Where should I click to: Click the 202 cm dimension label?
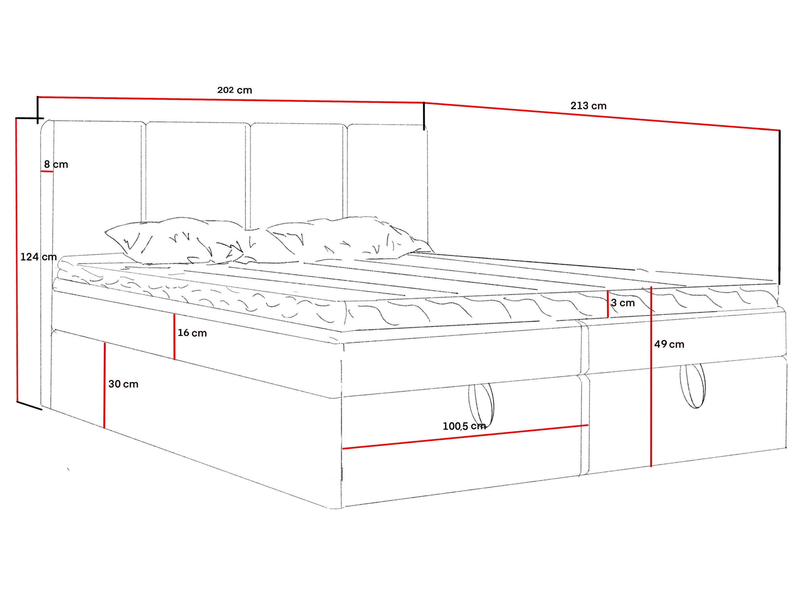tap(234, 90)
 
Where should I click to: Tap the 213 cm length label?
tap(588, 106)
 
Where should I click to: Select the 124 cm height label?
tap(39, 257)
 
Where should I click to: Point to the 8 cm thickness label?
tap(56, 164)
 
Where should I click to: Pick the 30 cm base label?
tap(123, 384)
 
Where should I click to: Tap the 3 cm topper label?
tap(623, 303)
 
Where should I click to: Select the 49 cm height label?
tap(669, 344)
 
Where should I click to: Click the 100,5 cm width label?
tap(464, 426)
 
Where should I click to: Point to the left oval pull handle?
tap(481, 406)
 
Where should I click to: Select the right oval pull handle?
tap(692, 386)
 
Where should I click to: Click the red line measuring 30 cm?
tap(105, 385)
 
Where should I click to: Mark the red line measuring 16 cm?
tap(174, 337)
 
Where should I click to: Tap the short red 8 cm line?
tap(47, 171)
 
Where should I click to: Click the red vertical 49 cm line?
tap(651, 377)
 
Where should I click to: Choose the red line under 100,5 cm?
tap(465, 437)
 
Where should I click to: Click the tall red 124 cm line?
tap(17, 260)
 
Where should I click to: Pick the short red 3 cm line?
tap(608, 304)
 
